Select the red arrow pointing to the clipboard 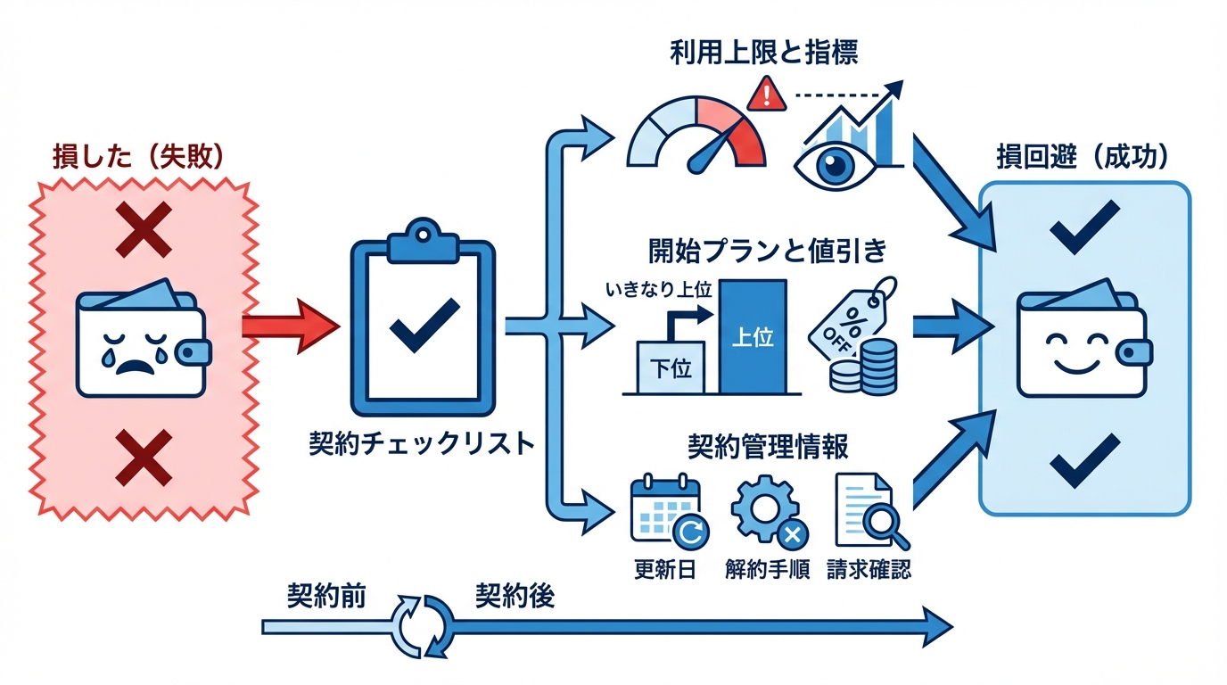[x=290, y=327]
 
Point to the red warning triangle [x=764, y=94]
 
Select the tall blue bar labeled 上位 [x=753, y=337]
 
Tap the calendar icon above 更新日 [x=665, y=511]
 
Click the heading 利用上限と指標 [x=763, y=54]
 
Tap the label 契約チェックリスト [x=422, y=443]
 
